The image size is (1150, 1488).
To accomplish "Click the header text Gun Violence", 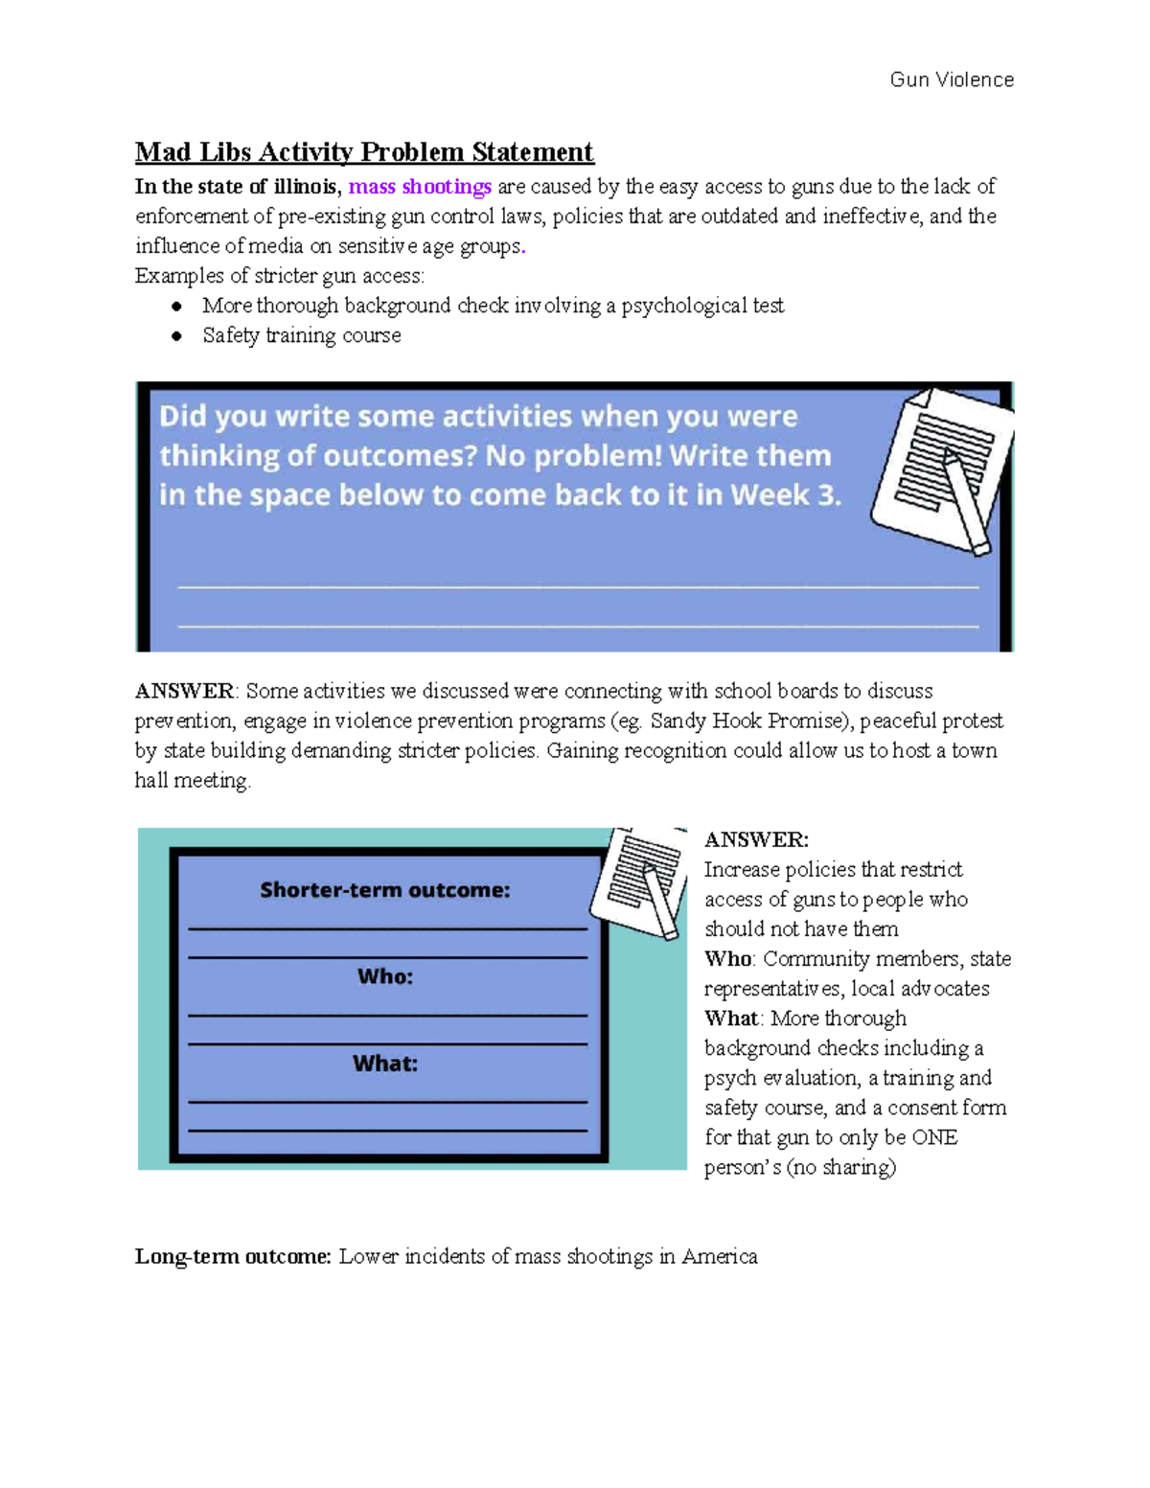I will (951, 80).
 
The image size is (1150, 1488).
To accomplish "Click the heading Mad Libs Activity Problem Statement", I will (364, 152).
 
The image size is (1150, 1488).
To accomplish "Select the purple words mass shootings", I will (420, 186).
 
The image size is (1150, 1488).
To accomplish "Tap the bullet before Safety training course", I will (176, 336).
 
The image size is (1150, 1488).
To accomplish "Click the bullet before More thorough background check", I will (176, 307).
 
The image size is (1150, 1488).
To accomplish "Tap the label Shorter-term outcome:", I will (384, 890).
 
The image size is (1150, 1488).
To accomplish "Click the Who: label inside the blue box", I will (384, 976).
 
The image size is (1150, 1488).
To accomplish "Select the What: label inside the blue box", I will (384, 1064).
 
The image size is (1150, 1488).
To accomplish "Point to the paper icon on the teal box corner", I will (638, 881).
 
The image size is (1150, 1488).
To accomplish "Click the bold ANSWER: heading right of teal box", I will (756, 840).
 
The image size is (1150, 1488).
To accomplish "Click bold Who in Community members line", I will (727, 959).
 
